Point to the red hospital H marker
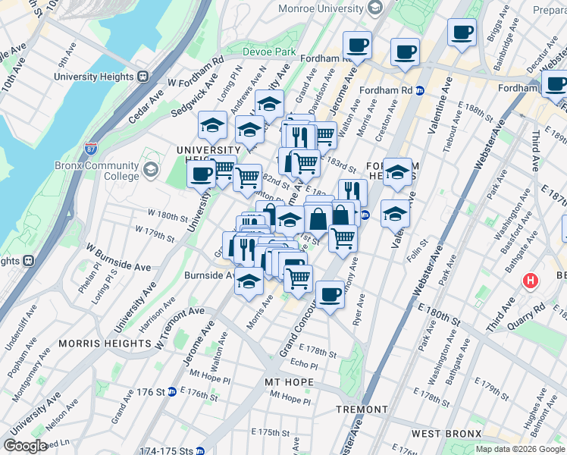(x=531, y=281)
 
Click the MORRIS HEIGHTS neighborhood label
(x=106, y=342)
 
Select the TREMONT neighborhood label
(x=363, y=409)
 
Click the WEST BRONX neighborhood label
(x=443, y=433)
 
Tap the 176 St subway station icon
(x=173, y=392)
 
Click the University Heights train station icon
(x=143, y=77)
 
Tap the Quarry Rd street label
(x=528, y=310)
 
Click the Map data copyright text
(x=521, y=449)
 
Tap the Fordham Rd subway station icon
(x=420, y=90)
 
